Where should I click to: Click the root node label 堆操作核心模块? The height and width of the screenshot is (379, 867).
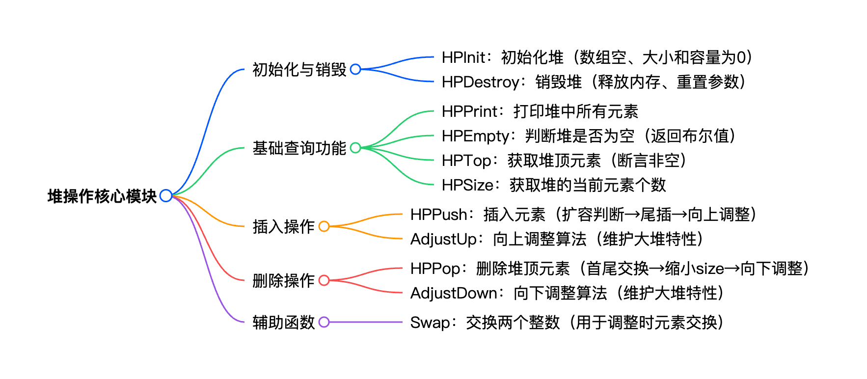102,196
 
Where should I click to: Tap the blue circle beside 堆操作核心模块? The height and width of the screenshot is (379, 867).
166,195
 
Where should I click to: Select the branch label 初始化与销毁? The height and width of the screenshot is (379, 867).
299,70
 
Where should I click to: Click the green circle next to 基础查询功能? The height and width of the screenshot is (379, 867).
355,148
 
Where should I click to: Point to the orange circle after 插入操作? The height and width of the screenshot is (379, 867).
324,226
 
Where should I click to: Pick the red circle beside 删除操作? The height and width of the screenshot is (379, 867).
324,280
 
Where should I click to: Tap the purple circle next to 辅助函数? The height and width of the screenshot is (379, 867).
324,322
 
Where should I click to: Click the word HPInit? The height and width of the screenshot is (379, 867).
463,57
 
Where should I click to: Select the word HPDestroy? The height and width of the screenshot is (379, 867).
480,82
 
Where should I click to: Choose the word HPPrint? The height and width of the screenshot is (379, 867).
469,111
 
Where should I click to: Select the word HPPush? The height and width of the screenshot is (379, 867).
438,215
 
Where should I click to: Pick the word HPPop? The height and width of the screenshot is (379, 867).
435,269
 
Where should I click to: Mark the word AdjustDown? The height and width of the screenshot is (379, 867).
454,293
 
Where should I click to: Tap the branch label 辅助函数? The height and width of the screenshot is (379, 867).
283,323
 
